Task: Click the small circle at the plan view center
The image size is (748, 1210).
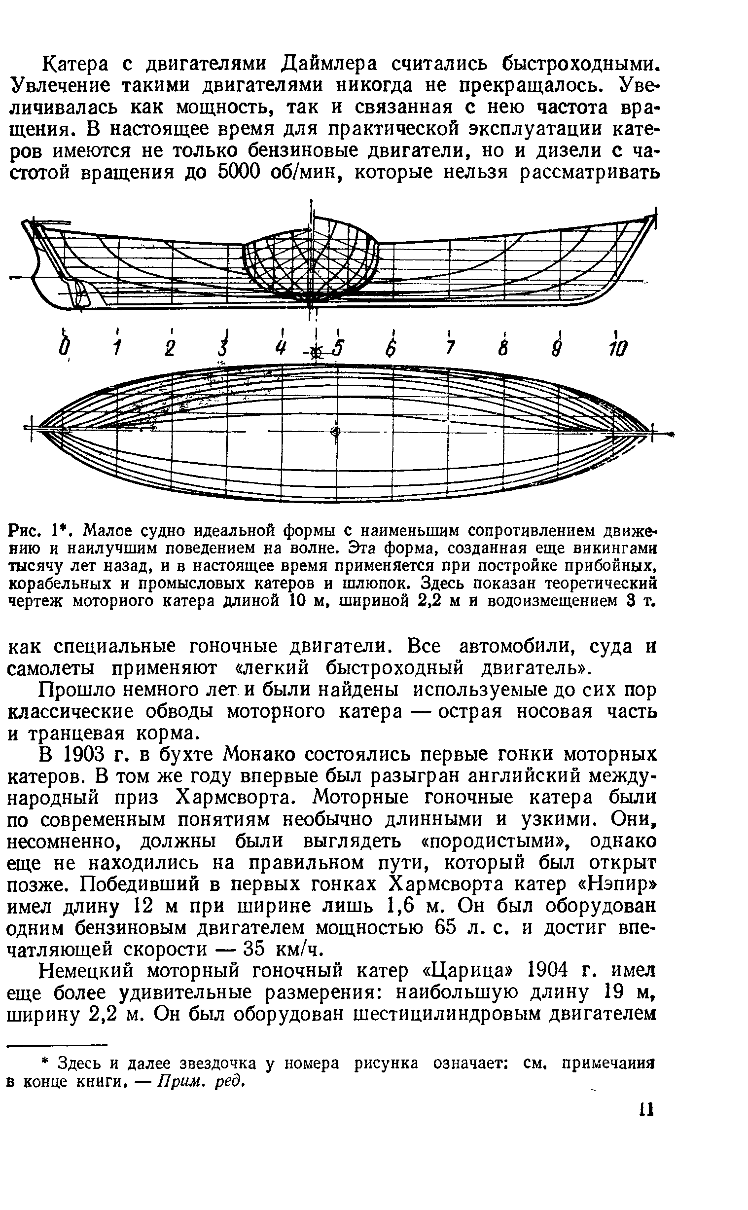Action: click(x=335, y=432)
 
